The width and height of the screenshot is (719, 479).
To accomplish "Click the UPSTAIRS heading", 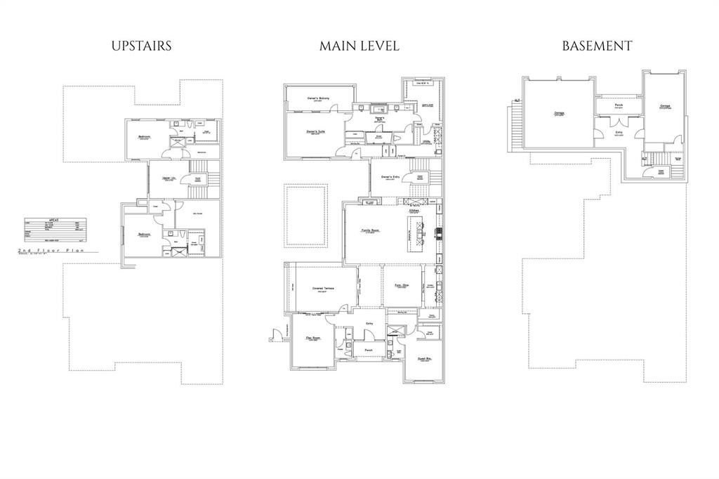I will tap(141, 46).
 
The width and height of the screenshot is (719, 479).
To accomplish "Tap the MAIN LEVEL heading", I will tap(359, 46).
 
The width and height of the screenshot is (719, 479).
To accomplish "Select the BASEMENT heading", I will tap(597, 46).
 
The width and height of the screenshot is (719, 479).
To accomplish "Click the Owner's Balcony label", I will tap(318, 98).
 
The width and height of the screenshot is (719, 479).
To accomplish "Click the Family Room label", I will tap(371, 230).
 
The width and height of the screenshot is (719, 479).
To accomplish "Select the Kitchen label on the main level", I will tap(414, 210).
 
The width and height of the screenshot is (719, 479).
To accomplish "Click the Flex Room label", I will tap(313, 338).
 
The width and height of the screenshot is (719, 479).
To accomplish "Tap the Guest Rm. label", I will tap(423, 357).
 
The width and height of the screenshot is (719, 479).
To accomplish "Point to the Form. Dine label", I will tap(402, 285).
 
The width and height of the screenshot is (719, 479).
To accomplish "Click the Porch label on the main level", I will tap(369, 349).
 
